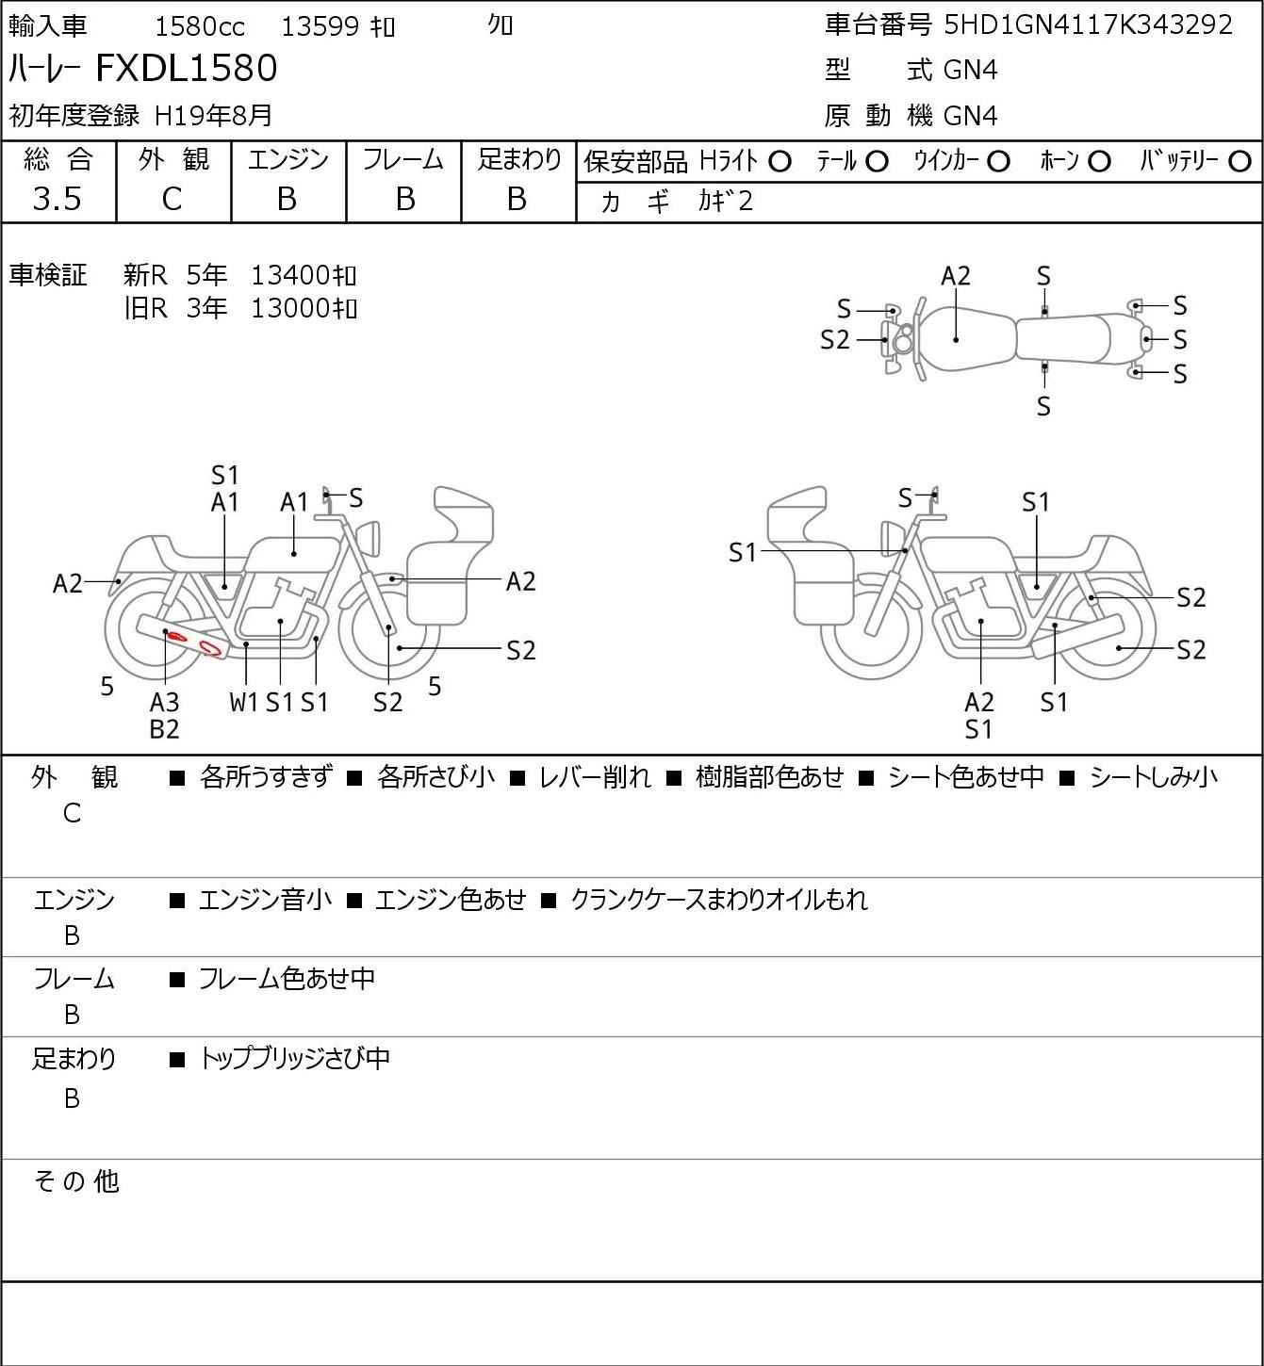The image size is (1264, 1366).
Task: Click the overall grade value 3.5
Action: click(57, 199)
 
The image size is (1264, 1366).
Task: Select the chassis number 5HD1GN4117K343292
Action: click(1089, 24)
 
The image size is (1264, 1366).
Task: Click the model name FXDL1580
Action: click(187, 69)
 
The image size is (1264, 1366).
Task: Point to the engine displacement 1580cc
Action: click(199, 26)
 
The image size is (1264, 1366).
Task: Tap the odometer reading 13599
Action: click(320, 26)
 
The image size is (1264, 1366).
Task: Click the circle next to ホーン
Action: click(1099, 162)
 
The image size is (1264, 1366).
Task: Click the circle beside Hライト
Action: click(780, 162)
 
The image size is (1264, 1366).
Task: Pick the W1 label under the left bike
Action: click(244, 702)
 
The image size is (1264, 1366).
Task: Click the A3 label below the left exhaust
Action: click(165, 702)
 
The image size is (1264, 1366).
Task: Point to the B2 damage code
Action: click(165, 728)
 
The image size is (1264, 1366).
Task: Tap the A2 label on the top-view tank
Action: click(956, 276)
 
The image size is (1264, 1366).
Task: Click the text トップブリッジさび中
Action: click(294, 1059)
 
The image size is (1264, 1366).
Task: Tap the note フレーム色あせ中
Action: click(287, 980)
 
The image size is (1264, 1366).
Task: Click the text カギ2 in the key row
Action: click(725, 202)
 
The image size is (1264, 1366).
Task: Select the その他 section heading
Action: click(76, 1181)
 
